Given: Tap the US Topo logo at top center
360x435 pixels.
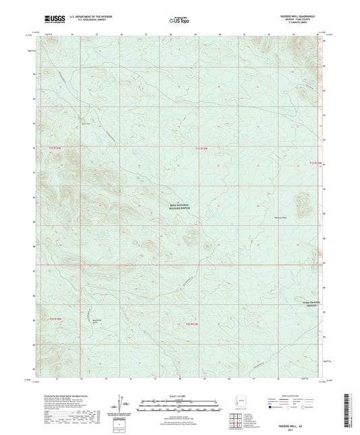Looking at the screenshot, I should point(178,21).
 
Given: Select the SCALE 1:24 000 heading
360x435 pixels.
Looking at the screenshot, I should point(180,396).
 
